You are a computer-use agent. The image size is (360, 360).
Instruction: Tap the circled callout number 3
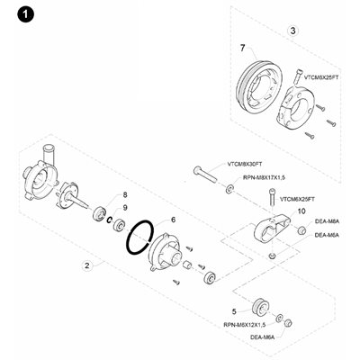pos(292,31)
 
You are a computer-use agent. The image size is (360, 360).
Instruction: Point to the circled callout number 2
pos(87,265)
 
